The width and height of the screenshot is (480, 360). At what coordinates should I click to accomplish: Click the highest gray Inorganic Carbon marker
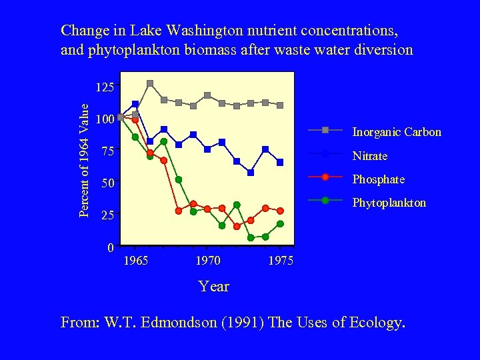coord(150,83)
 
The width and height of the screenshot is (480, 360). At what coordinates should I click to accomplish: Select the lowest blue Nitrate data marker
coord(251,173)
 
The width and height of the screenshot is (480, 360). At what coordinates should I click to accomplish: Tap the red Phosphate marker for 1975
coord(280,211)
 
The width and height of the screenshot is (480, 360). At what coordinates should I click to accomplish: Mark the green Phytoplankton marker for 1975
coord(280,224)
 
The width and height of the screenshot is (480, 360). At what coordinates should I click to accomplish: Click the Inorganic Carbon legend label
coord(396,132)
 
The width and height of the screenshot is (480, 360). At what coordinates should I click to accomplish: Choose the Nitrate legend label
coord(369,156)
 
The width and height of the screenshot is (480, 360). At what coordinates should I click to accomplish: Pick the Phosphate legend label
coord(378,179)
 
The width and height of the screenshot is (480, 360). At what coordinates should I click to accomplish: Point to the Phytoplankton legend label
coord(389,203)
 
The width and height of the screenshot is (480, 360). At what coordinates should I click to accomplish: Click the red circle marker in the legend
coord(325,177)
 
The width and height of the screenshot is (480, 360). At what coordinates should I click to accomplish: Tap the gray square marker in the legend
coord(325,130)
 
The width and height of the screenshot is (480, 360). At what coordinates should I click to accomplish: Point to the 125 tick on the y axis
coord(105,87)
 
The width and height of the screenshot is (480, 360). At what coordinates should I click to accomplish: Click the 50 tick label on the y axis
coord(107,183)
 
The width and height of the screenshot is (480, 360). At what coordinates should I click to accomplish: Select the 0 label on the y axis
coord(110,248)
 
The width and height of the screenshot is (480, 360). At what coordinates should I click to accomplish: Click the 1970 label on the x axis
coord(208,261)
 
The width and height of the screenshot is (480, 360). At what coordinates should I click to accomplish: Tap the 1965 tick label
coord(136,261)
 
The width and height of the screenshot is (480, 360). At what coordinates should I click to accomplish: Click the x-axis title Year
coord(213,287)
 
